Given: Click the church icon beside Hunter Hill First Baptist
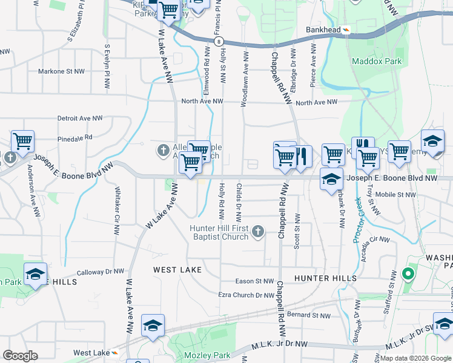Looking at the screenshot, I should pos(258,231).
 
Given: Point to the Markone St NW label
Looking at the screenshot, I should pos(61,71).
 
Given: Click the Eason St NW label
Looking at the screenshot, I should pos(255,281).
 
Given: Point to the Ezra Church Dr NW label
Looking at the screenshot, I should pos(246,295).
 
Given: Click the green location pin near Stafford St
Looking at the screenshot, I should pos(408,275).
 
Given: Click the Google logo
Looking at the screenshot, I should pos(21,356).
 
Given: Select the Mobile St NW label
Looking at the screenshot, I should pos(395,195).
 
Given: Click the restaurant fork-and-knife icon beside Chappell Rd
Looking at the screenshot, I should pos(302,156).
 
